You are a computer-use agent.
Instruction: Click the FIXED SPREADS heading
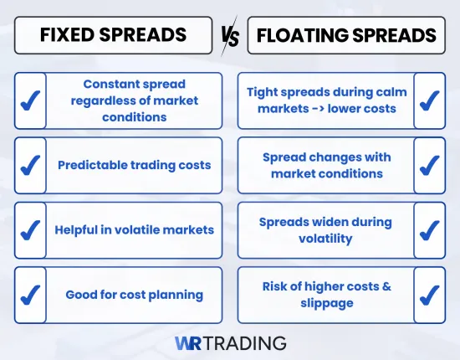coord(113,35)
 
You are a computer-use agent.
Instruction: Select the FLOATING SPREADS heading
coord(346,35)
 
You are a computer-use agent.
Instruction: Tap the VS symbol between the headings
coord(229,36)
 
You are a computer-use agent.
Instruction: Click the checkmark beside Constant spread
coord(31,100)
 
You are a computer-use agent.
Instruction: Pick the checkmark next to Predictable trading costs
coord(31,165)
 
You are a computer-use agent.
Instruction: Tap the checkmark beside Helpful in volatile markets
coord(31,229)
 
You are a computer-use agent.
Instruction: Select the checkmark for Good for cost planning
coord(31,295)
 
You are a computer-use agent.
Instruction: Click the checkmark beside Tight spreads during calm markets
coord(429,100)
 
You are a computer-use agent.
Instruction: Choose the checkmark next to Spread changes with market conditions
coord(429,165)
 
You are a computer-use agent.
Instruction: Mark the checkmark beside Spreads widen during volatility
coord(429,229)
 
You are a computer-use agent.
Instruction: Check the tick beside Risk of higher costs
coord(429,295)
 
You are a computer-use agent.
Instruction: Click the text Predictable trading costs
coord(134,165)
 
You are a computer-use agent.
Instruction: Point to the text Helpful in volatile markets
coord(134,229)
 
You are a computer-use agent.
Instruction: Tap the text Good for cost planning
coord(134,295)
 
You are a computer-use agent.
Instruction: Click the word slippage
coord(326,303)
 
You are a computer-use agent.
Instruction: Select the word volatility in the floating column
coord(327,239)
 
